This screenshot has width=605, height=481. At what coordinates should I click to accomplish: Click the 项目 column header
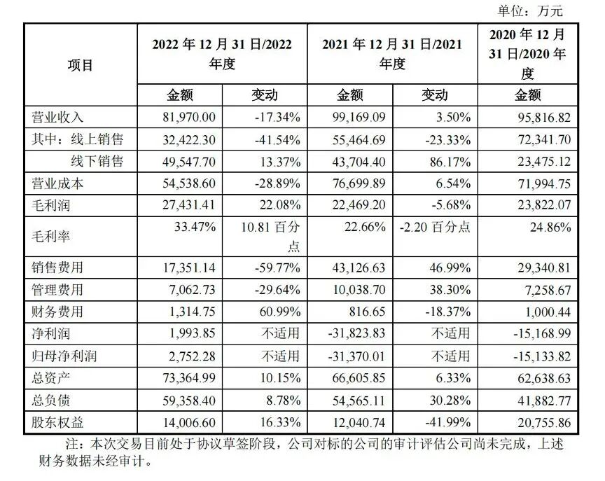coord(81,65)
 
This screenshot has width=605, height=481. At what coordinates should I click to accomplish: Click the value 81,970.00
coord(180,117)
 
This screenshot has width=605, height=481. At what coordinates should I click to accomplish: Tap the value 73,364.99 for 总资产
coord(180,378)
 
